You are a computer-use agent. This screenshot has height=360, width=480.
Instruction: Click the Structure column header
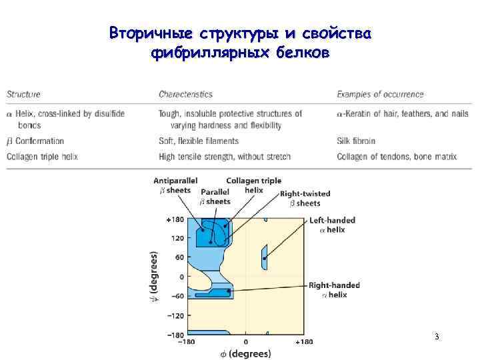pos(23,95)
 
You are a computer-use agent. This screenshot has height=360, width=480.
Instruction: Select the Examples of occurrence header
pos(380,95)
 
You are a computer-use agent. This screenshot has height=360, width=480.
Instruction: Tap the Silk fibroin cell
pos(356,141)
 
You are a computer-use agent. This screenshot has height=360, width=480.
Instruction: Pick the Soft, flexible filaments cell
pos(198,141)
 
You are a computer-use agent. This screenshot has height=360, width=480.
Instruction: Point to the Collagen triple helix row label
pos(42,157)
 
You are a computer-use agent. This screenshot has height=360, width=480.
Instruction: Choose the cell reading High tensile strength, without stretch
pos(224,157)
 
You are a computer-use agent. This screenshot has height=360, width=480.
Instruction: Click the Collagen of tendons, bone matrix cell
pos(397,157)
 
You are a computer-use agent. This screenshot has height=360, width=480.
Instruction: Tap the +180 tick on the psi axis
pos(175,219)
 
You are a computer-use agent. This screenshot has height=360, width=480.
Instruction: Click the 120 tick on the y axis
pos(177,238)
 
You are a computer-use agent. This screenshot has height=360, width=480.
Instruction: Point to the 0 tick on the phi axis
pos(245,342)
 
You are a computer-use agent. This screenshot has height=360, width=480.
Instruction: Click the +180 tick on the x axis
pos(303,342)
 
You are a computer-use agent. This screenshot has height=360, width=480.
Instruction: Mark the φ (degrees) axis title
pos(245,353)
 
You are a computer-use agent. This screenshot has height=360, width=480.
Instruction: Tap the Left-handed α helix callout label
pos(332,225)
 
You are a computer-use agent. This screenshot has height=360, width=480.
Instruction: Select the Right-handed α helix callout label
pos(334,289)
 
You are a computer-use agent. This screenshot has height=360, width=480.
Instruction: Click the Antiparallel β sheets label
pos(175,185)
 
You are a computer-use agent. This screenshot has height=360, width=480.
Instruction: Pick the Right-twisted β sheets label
pos(305,198)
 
